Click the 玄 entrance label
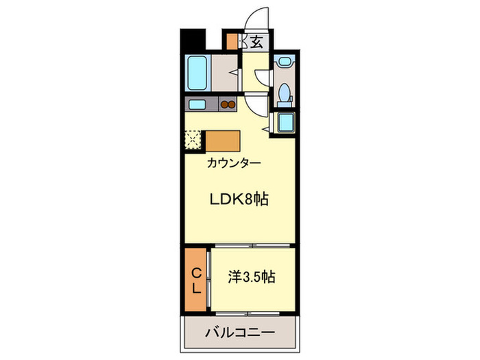(x=256, y=43)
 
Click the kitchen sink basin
(x=197, y=104)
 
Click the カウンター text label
(x=233, y=164)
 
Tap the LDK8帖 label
(x=238, y=200)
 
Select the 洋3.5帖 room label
(x=252, y=278)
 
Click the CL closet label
(x=196, y=279)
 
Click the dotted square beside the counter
(x=193, y=141)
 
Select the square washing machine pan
(x=284, y=123)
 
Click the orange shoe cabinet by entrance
(x=233, y=40)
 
